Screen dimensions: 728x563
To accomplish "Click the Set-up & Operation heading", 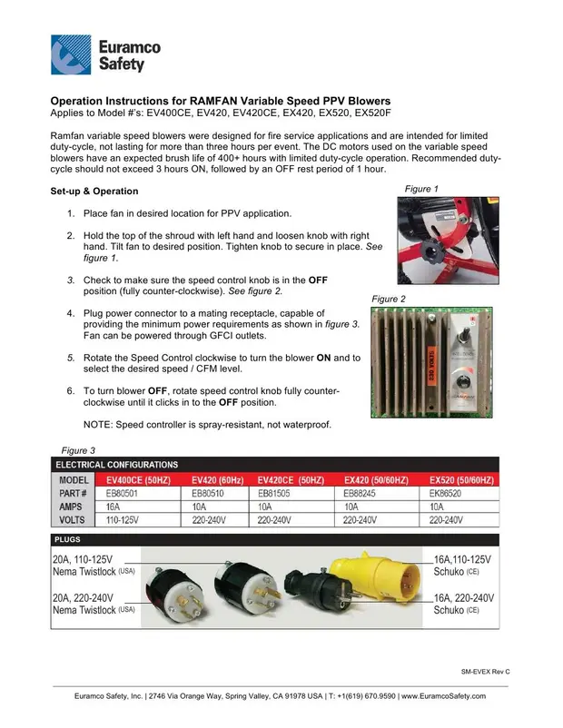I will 94,192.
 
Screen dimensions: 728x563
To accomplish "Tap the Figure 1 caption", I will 421,189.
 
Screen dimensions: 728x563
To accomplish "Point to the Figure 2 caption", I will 390,299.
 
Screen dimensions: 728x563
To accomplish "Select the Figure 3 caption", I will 77,450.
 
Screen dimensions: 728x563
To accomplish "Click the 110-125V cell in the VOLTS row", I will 126,520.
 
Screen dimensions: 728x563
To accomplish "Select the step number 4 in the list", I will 71,311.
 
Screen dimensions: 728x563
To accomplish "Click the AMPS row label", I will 73,507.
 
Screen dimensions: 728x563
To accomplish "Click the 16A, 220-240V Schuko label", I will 463,605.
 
